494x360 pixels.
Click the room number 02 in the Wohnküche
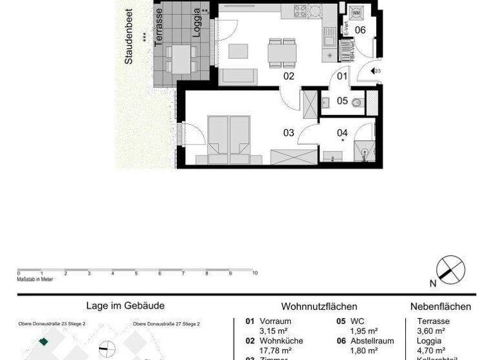point(289,76)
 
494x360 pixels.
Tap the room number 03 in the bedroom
point(289,132)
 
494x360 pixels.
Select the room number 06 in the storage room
point(360,30)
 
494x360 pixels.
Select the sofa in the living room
point(239,76)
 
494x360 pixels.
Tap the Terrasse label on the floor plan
point(158,26)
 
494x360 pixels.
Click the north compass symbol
point(450,269)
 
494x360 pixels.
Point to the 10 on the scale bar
point(255,273)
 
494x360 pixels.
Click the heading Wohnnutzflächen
point(319,307)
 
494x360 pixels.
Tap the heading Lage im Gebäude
point(125,307)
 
